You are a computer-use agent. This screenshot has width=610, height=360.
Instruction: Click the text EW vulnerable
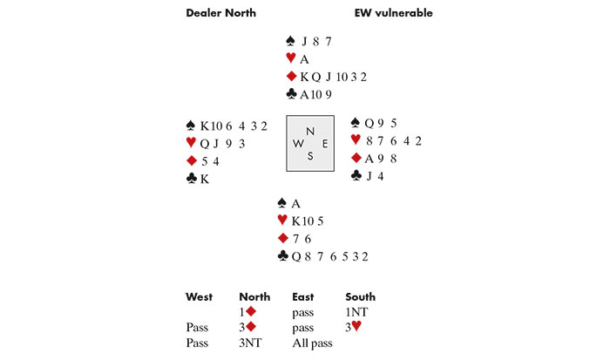click(393, 13)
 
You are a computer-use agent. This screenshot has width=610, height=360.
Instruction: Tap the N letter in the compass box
click(310, 132)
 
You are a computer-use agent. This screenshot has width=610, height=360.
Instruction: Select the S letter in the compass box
click(310, 157)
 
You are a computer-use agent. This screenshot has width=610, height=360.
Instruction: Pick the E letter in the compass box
click(323, 144)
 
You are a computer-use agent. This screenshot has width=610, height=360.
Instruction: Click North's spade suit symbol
click(290, 41)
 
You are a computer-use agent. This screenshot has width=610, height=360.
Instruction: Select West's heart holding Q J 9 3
click(223, 143)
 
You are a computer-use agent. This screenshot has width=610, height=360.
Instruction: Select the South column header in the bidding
click(360, 297)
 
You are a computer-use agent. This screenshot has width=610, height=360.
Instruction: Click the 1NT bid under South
click(356, 310)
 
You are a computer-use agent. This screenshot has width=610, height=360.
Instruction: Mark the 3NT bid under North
click(250, 343)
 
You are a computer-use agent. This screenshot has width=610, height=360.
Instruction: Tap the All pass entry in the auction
click(311, 343)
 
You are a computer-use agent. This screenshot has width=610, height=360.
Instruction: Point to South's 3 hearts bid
click(355, 327)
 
